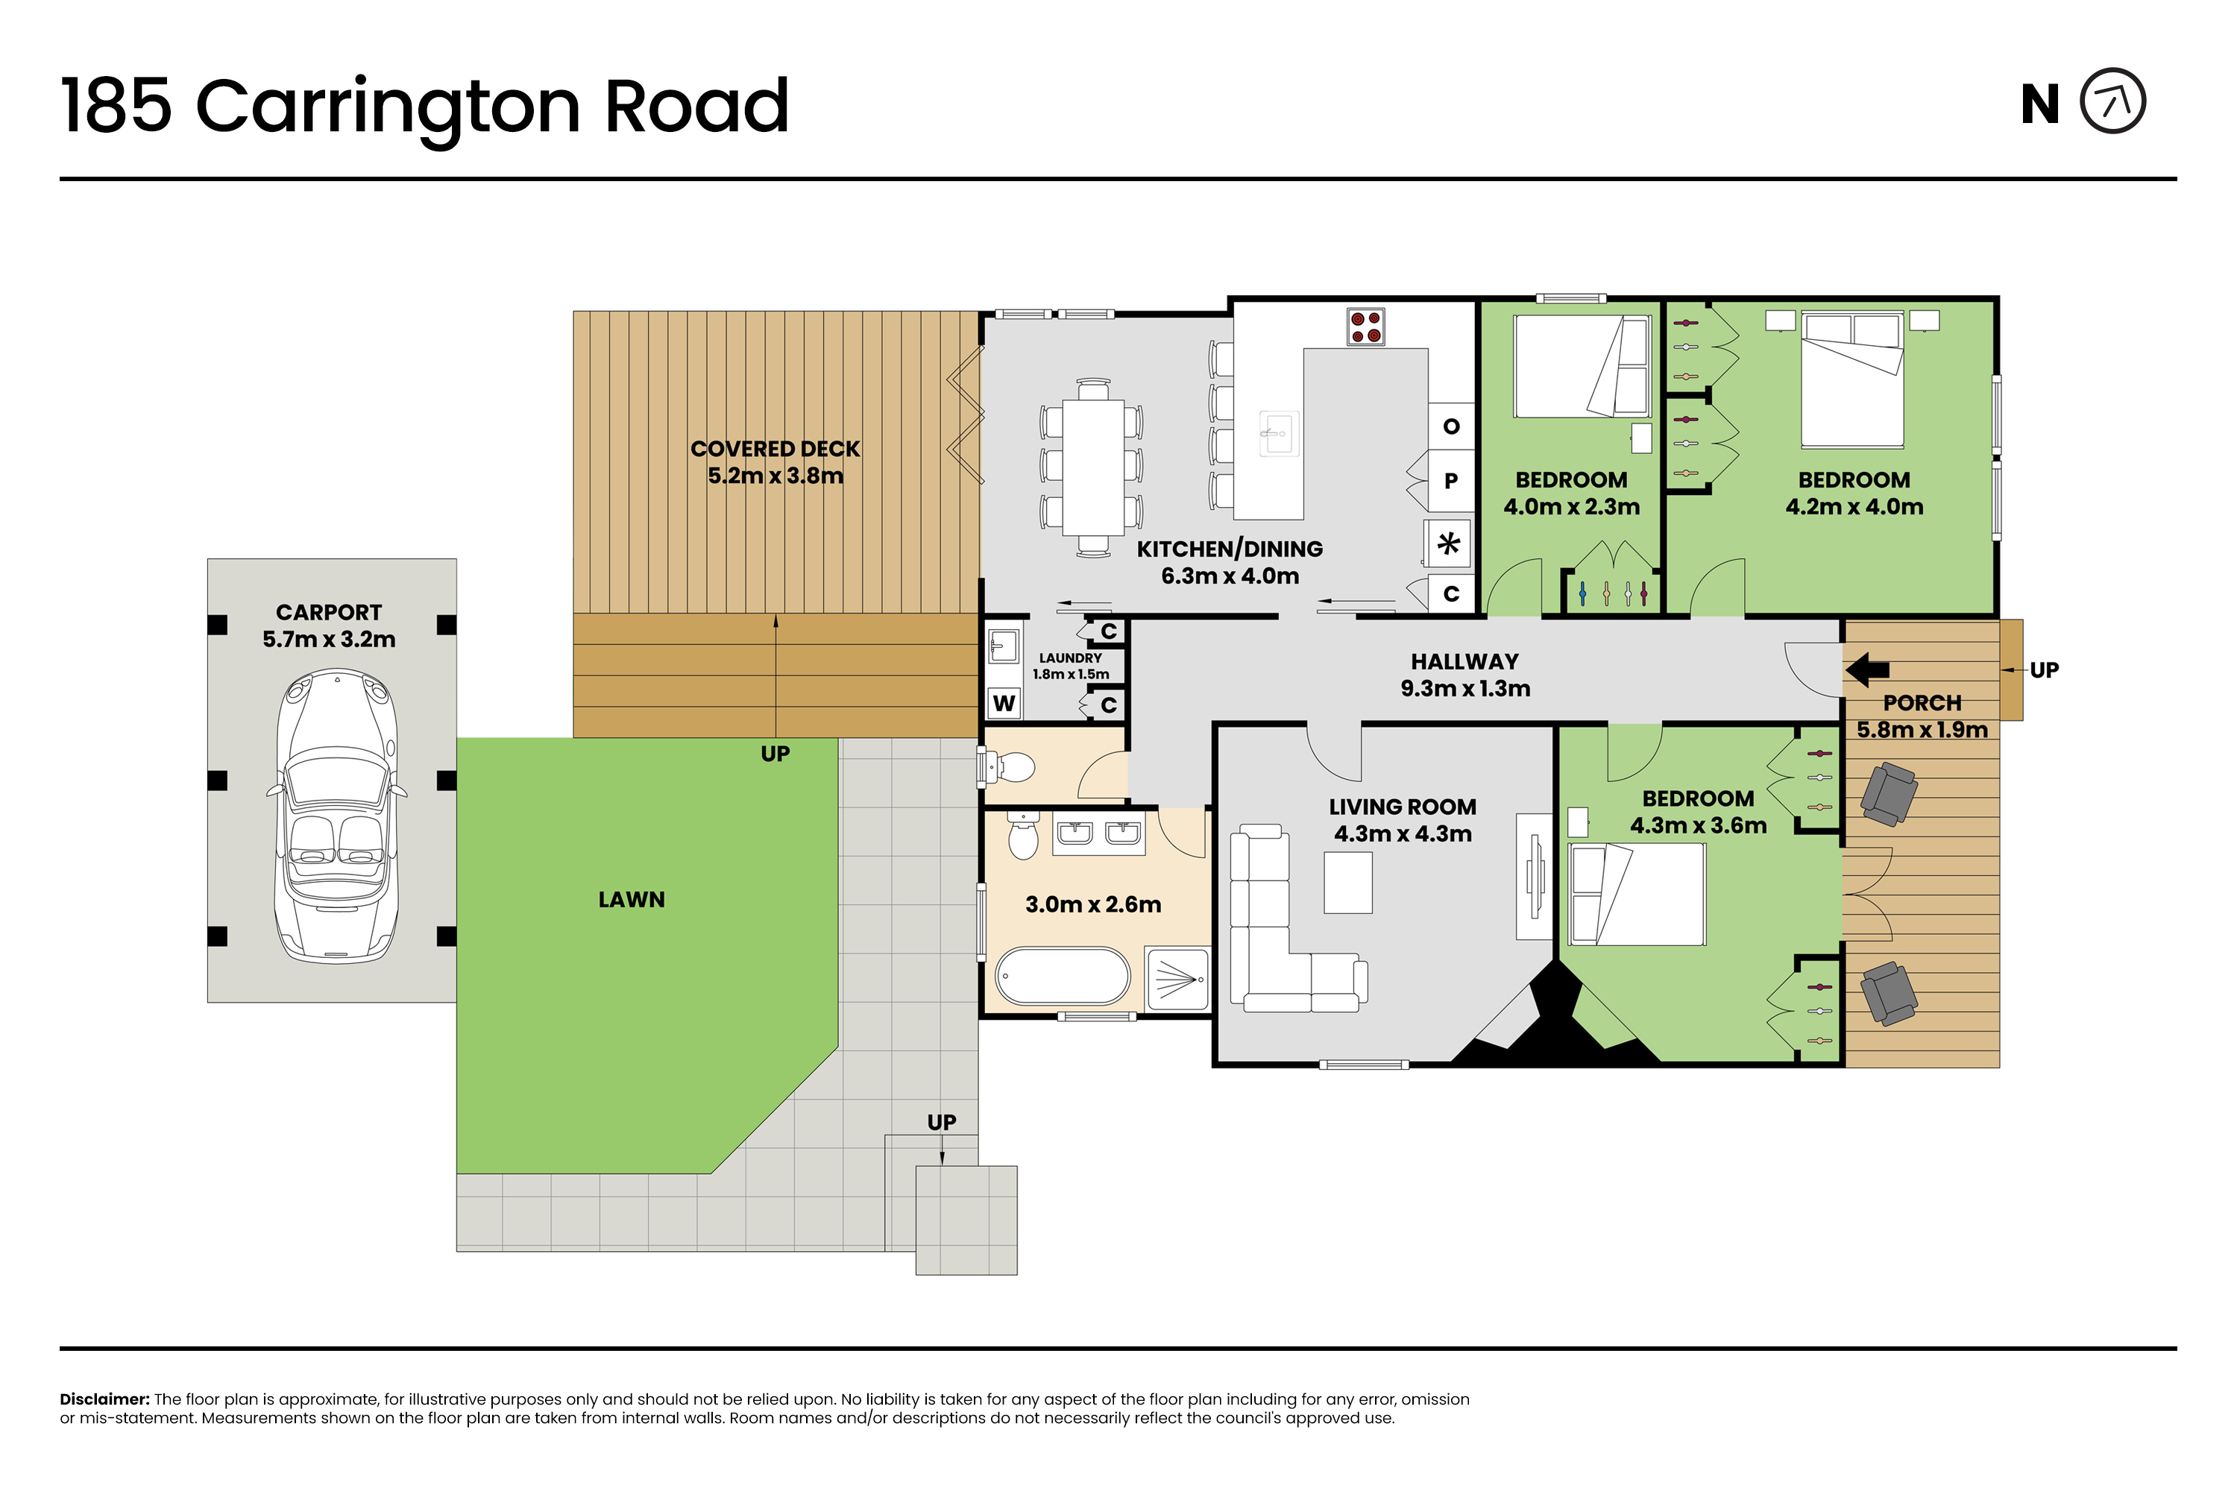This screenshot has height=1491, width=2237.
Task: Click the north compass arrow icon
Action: pos(2112,101)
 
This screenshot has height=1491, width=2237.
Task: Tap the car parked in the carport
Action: pos(337,816)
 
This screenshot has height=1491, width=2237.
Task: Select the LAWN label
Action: pos(632,900)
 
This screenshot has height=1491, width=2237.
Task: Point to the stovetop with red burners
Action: pos(1366,327)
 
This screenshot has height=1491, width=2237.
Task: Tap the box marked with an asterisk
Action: pos(1449,544)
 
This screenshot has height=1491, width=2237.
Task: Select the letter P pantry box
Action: pos(1450,480)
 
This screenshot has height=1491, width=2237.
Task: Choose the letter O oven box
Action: pos(1450,425)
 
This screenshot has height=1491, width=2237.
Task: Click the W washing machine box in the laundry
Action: pos(1004,704)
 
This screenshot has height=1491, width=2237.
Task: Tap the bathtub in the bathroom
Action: pos(1063,976)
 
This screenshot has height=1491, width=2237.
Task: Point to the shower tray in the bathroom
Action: pos(1177,977)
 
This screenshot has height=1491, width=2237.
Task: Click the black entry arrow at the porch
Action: pos(1867,669)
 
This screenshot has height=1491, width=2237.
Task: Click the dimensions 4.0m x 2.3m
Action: pos(1571,507)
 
